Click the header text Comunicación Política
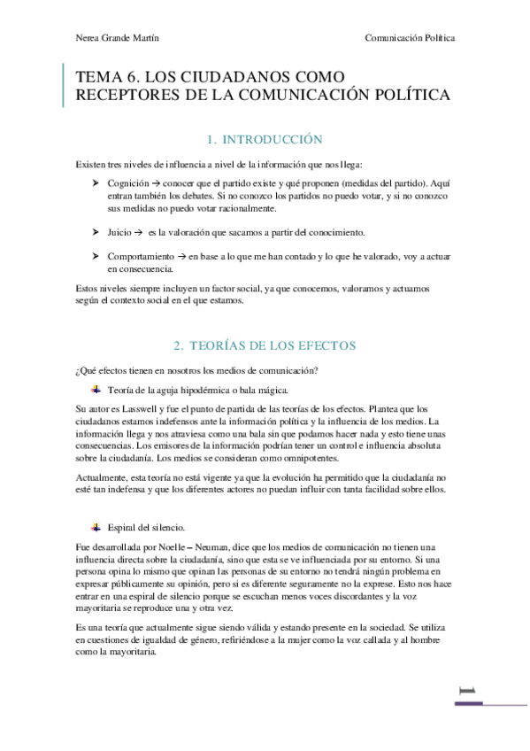coord(410,38)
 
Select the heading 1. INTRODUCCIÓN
coord(265,140)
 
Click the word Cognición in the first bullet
coord(127,182)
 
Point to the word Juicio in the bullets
coord(119,232)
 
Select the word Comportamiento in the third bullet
coord(141,256)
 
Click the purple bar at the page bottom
coord(490,704)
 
